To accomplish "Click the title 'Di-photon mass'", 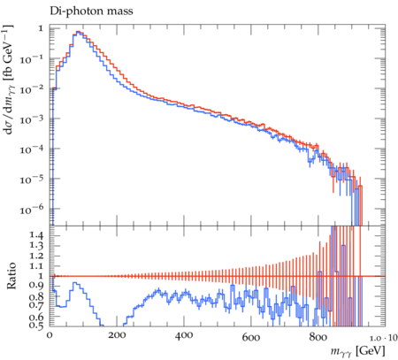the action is tap(91, 11).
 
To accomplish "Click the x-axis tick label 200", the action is tap(117, 336).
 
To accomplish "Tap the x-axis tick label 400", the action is tap(184, 336).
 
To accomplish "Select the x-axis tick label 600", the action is tap(251, 336).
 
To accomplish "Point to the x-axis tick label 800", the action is tap(318, 336).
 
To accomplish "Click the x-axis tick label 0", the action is tap(50, 336).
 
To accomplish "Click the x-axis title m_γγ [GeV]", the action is tap(357, 351).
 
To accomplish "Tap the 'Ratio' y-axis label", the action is tap(11, 275).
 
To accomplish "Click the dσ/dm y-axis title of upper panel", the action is tap(9, 80).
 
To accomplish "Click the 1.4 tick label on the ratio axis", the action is tap(36, 235).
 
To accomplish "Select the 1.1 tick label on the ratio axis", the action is tap(36, 266).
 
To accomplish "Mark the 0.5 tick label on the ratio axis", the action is tap(36, 326).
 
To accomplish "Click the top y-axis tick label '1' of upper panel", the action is tap(41, 28).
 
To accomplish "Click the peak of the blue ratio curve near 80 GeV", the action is tap(75, 283).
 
